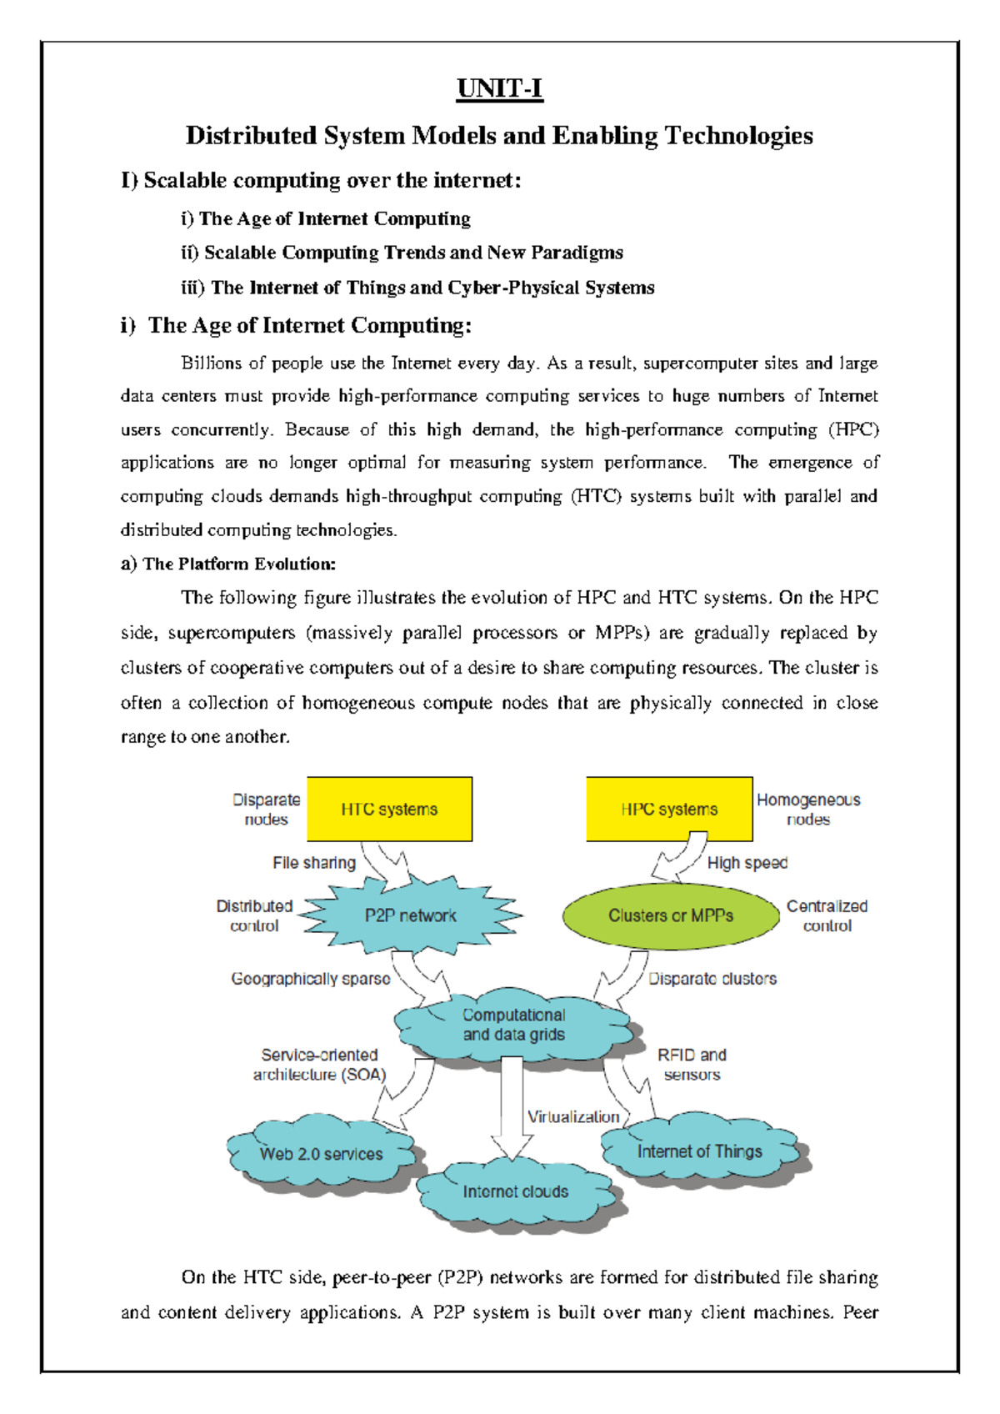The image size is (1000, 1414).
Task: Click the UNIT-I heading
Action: tap(499, 88)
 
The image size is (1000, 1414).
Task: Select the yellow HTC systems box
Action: tap(389, 809)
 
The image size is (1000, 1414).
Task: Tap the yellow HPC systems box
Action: tap(669, 809)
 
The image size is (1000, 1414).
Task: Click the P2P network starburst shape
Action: tap(410, 915)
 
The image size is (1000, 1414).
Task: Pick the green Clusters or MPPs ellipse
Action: tap(671, 915)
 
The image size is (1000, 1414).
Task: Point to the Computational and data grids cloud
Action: tap(513, 1025)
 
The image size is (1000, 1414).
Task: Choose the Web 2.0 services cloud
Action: tap(321, 1154)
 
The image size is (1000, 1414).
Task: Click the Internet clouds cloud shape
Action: tap(516, 1191)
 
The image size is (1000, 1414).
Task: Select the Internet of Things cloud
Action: tap(700, 1151)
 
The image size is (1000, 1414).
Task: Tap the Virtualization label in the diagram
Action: tap(573, 1116)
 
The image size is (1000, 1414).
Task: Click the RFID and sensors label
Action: tap(692, 1065)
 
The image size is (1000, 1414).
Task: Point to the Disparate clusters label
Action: tap(712, 979)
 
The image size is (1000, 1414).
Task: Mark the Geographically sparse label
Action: tap(311, 979)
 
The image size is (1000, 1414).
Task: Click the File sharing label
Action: tap(314, 863)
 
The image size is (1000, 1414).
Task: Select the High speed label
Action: tap(747, 863)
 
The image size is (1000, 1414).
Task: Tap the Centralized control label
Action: tap(827, 915)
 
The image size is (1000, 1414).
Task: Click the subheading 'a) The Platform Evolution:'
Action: tap(228, 564)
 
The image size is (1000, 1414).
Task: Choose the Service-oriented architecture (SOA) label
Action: tap(319, 1065)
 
